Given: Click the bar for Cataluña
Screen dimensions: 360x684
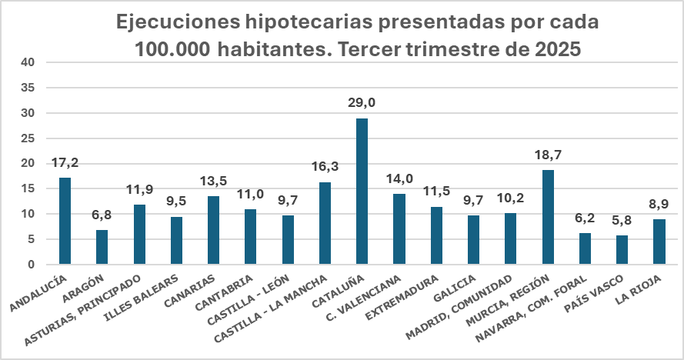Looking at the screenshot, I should (x=362, y=192).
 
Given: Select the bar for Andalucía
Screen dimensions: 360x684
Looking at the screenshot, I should (x=65, y=221).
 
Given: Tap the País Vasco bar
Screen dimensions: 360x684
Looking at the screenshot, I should (x=622, y=250).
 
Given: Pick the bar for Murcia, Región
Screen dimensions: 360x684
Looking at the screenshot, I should (x=548, y=217).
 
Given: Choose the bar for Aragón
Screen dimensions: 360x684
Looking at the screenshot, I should (x=102, y=247).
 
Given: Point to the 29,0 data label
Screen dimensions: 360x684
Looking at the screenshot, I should (x=362, y=103).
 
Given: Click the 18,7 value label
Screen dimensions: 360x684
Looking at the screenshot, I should (x=548, y=155).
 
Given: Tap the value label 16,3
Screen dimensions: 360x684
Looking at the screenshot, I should (x=325, y=167).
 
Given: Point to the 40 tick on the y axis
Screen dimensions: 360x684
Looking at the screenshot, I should (x=30, y=62).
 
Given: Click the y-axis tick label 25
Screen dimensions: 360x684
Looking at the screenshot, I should (x=30, y=138).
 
